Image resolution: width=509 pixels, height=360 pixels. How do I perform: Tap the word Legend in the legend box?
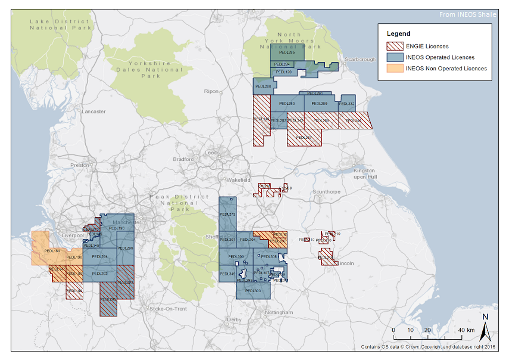click(398, 34)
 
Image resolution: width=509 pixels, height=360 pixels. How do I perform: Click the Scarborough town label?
click(360, 59)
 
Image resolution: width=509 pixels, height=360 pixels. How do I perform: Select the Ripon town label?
click(211, 91)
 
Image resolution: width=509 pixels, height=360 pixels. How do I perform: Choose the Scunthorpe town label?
click(327, 192)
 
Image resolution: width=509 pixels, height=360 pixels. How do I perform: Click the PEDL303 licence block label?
click(253, 290)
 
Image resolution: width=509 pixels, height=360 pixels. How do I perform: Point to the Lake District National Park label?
click(60, 25)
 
